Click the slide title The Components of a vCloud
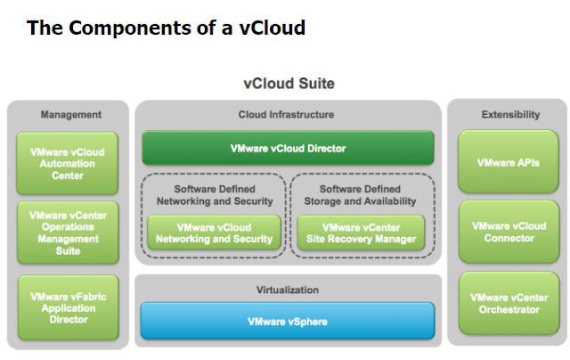pyautogui.click(x=167, y=28)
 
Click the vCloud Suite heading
pyautogui.click(x=289, y=85)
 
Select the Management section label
pyautogui.click(x=71, y=114)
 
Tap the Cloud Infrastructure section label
pyautogui.click(x=287, y=114)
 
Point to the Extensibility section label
pyautogui.click(x=510, y=114)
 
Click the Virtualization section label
pyautogui.click(x=287, y=290)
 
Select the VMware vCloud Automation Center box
pyautogui.click(x=68, y=163)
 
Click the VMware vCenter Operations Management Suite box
pyautogui.click(x=68, y=233)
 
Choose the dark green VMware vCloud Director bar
pyautogui.click(x=288, y=148)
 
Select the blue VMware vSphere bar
pyautogui.click(x=288, y=321)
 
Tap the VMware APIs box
pyautogui.click(x=509, y=162)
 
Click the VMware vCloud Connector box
pyautogui.click(x=509, y=232)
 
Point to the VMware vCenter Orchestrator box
pyautogui.click(x=509, y=303)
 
